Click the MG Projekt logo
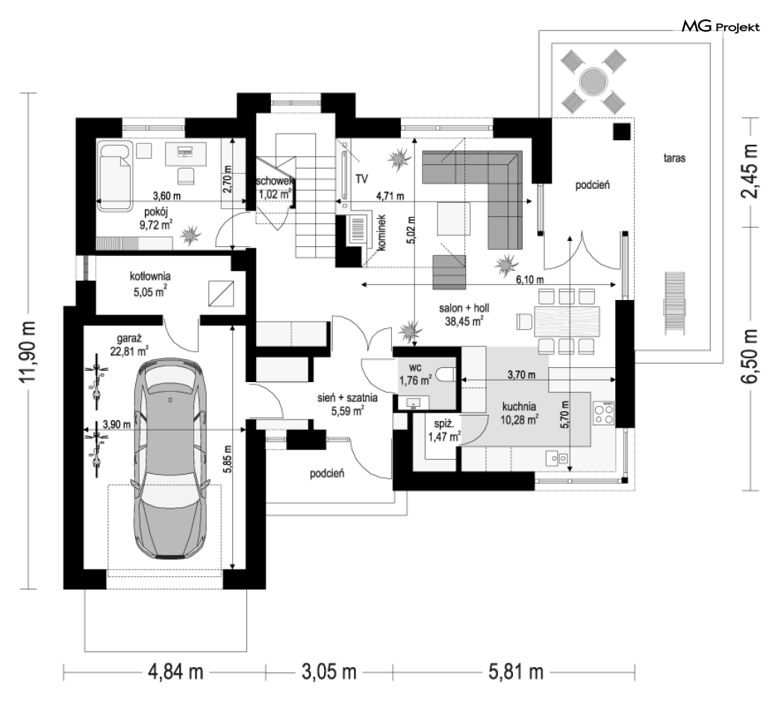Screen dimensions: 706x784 (x=721, y=28)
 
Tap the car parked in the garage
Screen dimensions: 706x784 (x=169, y=463)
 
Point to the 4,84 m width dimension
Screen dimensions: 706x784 (x=174, y=671)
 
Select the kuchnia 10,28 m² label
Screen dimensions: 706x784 (x=520, y=413)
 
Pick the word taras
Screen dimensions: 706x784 (x=673, y=158)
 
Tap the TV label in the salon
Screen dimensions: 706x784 (x=363, y=179)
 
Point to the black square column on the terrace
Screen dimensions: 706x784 (x=622, y=132)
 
